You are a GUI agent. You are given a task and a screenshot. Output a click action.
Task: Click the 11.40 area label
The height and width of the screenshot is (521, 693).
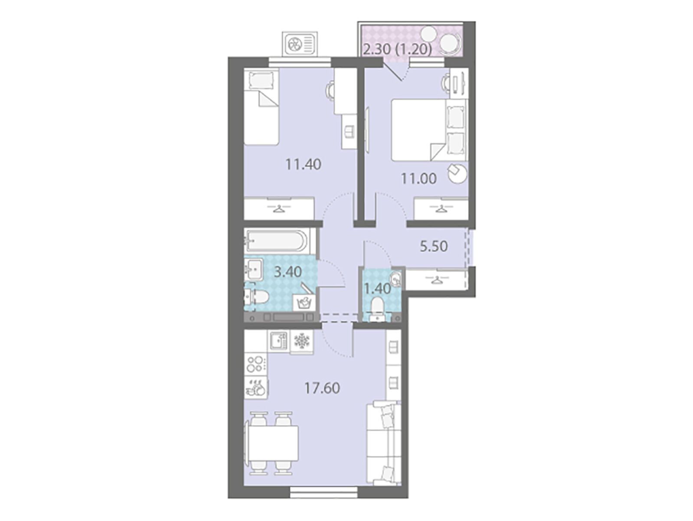(x=303, y=165)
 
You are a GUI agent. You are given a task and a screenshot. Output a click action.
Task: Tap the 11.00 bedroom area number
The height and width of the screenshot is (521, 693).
(x=418, y=179)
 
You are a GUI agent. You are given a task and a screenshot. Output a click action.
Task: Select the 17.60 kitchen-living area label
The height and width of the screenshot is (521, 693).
(x=322, y=388)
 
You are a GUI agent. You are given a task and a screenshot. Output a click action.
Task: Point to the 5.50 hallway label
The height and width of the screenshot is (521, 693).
(x=434, y=246)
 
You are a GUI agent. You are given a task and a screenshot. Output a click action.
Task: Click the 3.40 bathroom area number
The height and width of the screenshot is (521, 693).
(x=288, y=271)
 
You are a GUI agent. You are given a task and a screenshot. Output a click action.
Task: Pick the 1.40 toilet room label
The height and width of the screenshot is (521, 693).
(x=378, y=288)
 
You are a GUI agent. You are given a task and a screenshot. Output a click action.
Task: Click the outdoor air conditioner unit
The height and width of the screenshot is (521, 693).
(x=299, y=44)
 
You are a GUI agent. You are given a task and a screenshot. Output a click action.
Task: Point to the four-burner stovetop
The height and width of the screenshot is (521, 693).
(x=256, y=364)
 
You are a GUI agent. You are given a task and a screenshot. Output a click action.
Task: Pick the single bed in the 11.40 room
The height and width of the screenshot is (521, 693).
(x=262, y=108)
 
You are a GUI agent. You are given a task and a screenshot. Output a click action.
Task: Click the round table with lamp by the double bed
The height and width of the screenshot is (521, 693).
(x=457, y=172)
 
